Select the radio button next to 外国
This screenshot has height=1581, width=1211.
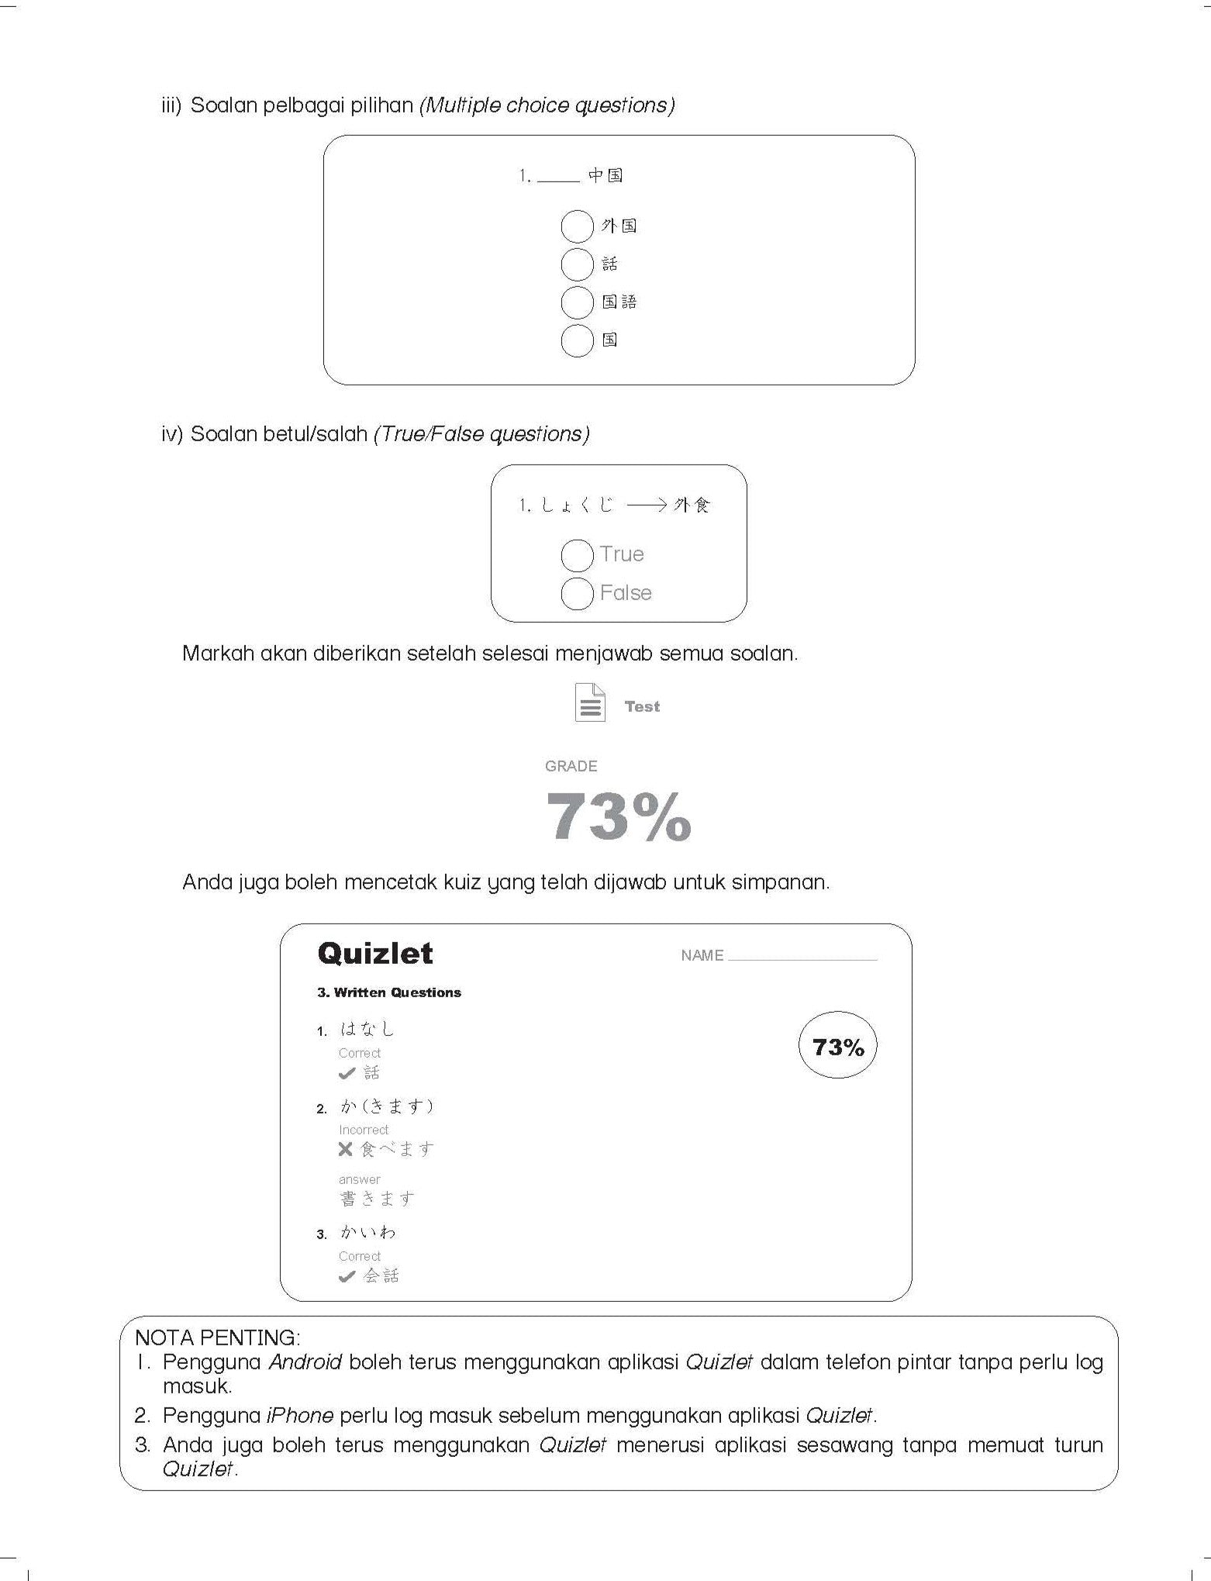tap(577, 226)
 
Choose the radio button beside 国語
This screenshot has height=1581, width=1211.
tap(577, 302)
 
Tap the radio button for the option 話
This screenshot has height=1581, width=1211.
tap(577, 264)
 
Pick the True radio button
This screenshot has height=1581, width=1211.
tap(577, 555)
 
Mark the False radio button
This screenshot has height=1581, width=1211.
tap(577, 594)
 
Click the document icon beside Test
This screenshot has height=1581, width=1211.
tap(590, 702)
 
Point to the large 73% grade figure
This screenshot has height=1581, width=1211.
tap(618, 816)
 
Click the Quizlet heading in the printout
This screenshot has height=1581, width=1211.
tap(375, 953)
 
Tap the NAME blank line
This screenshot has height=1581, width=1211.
tap(802, 957)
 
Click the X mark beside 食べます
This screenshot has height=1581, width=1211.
tap(346, 1149)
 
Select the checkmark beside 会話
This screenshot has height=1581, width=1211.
tap(347, 1276)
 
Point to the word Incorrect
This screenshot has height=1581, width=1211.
tap(364, 1130)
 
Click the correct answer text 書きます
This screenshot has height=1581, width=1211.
tap(378, 1199)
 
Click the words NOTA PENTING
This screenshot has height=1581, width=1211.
tap(217, 1338)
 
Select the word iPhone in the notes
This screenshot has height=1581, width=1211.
tap(299, 1415)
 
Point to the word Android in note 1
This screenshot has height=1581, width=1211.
tap(305, 1362)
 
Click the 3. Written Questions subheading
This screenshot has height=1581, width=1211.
tap(389, 992)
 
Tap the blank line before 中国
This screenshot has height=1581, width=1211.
tap(558, 178)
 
